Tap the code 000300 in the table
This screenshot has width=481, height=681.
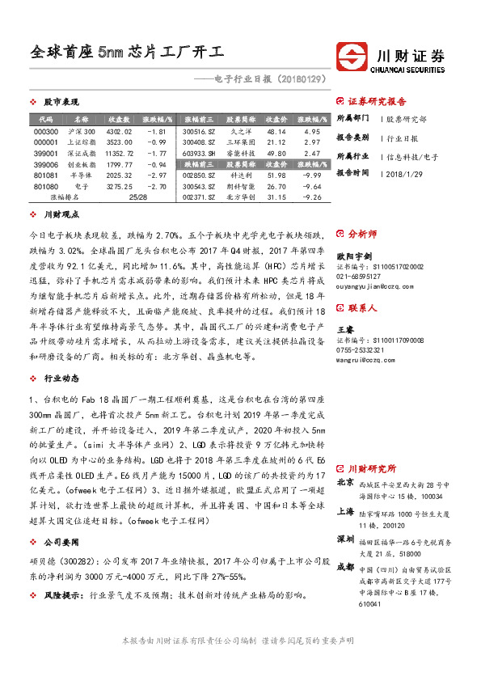[x=46, y=131]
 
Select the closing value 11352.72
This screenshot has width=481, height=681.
[x=119, y=152]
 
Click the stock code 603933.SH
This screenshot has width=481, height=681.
[x=199, y=152]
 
